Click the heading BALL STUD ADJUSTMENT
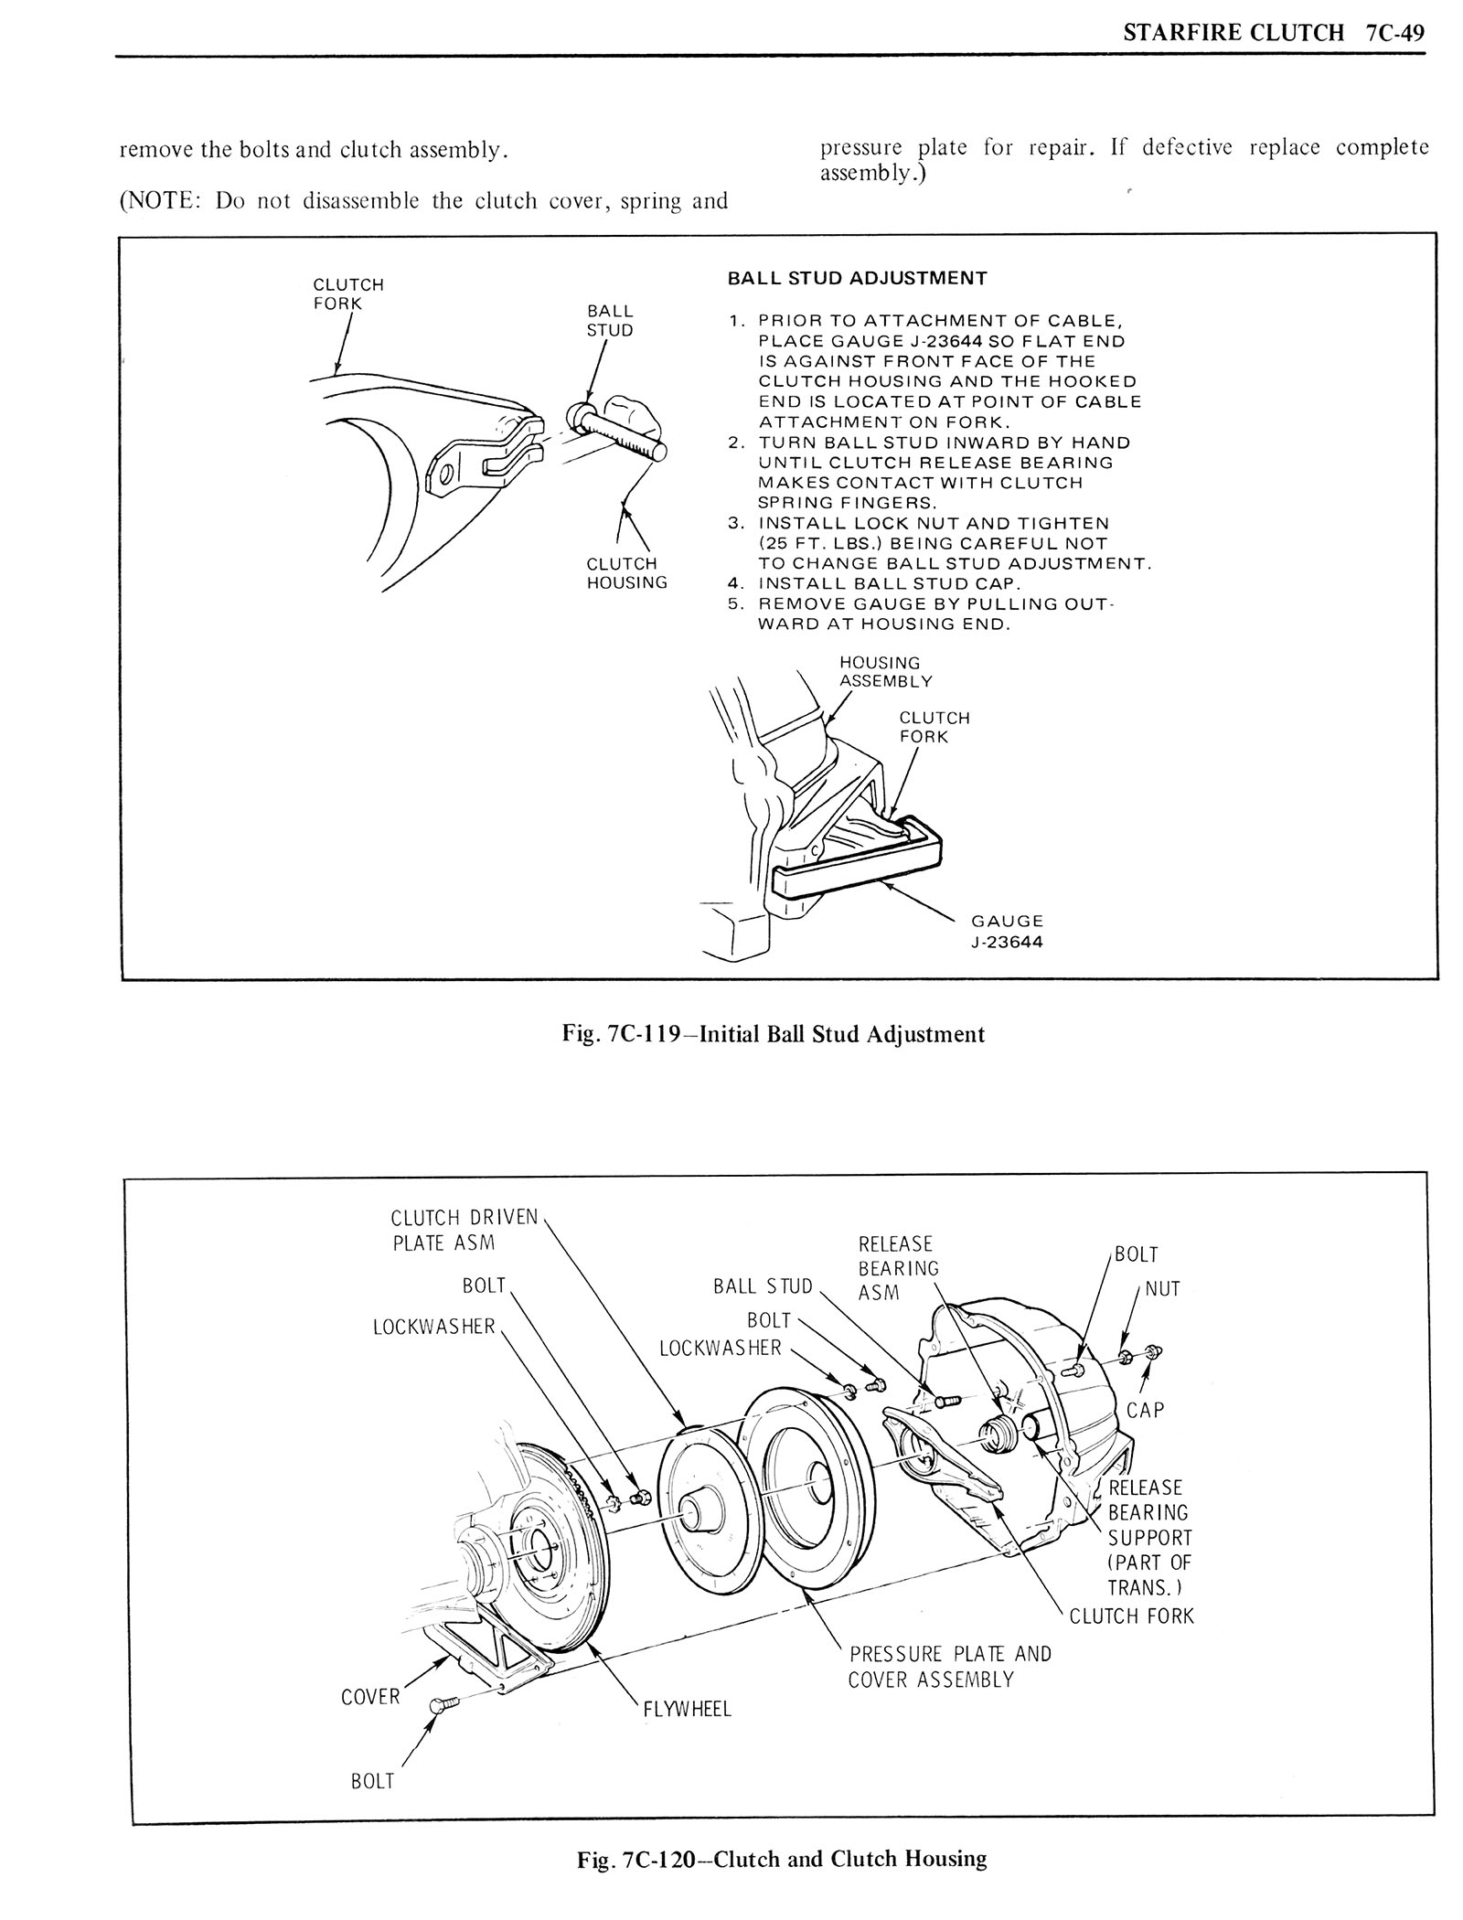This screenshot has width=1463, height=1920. [857, 278]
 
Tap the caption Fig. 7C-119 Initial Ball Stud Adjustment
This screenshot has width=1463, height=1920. [773, 1034]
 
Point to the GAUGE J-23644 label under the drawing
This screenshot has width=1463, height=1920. [1006, 932]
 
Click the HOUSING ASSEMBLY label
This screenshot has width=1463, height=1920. [885, 672]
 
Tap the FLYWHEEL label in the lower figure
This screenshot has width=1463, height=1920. [687, 1709]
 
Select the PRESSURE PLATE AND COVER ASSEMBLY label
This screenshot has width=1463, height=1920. [949, 1667]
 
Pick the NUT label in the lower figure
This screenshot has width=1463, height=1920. [1162, 1289]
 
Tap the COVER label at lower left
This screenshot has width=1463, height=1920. [370, 1697]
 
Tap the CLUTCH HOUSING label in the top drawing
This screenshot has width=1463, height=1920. [626, 573]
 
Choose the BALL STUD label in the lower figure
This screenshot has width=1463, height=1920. [763, 1286]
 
